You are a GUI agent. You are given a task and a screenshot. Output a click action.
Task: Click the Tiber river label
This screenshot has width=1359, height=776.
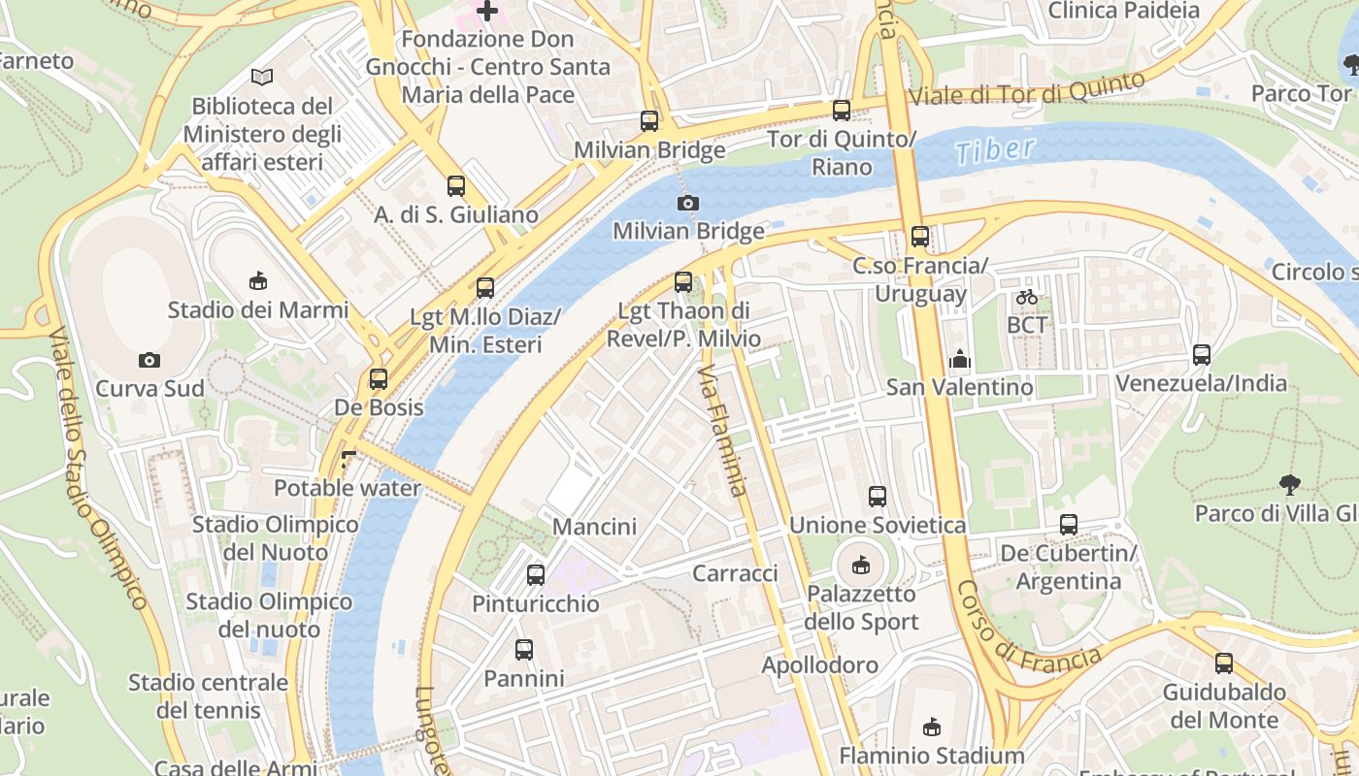pyautogui.click(x=995, y=150)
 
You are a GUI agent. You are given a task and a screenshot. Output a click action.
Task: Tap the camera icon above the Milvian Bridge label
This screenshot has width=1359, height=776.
pyautogui.click(x=687, y=203)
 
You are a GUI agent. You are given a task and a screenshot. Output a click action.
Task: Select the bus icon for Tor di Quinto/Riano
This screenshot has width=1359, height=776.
pyautogui.click(x=842, y=111)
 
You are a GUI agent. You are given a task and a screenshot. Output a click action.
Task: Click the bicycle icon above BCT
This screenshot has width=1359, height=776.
pyautogui.click(x=1027, y=297)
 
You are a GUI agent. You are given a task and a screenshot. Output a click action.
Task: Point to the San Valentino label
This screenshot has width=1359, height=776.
pyautogui.click(x=959, y=387)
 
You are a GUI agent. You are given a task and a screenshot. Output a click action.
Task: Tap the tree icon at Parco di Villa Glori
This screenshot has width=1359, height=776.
pyautogui.click(x=1290, y=484)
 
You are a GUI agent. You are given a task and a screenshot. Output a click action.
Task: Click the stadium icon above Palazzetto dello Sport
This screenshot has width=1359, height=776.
pyautogui.click(x=860, y=564)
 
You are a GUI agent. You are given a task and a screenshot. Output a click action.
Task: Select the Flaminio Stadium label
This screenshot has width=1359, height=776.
pyautogui.click(x=931, y=755)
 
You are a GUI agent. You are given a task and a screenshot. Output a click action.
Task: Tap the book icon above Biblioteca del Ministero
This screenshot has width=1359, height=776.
pyautogui.click(x=261, y=77)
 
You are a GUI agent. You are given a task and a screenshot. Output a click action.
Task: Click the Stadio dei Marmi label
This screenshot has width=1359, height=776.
pyautogui.click(x=257, y=310)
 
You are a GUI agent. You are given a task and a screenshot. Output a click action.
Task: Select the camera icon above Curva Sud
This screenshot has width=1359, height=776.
pyautogui.click(x=149, y=360)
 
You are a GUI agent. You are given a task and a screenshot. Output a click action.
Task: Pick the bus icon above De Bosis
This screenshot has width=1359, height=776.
pyautogui.click(x=379, y=379)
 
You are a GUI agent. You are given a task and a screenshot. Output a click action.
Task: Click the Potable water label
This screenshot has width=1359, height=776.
pyautogui.click(x=348, y=487)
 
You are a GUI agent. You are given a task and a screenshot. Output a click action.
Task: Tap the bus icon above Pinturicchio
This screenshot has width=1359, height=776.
pyautogui.click(x=535, y=574)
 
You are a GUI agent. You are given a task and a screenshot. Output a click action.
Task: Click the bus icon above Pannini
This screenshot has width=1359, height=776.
pyautogui.click(x=524, y=650)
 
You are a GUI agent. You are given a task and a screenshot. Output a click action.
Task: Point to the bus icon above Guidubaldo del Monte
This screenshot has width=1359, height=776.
pyautogui.click(x=1224, y=663)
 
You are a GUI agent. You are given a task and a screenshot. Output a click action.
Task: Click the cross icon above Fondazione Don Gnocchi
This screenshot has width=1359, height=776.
pyautogui.click(x=486, y=12)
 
